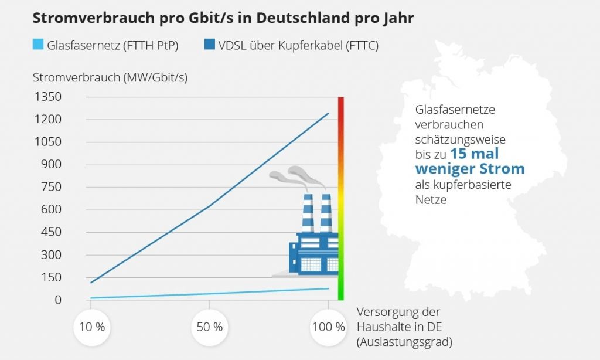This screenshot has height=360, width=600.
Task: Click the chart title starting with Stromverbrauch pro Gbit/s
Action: coord(223,18)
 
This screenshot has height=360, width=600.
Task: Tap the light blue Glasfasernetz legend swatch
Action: coord(38,45)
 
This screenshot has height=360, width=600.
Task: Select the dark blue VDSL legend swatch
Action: coord(209,45)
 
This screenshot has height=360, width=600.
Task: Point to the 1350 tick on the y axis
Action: coord(49,97)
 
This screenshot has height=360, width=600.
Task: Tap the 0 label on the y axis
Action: coord(57,300)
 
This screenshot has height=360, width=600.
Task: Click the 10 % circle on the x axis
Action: coord(91,327)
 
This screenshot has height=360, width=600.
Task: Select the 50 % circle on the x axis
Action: coord(210,327)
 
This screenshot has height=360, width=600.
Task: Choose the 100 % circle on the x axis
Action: coord(328,327)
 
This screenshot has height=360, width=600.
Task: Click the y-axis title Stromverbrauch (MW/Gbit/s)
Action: coord(110,77)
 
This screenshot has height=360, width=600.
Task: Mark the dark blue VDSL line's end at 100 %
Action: coord(328,113)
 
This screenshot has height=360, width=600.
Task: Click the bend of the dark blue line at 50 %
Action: coord(210,206)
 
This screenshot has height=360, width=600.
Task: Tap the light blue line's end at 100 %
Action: coord(328,288)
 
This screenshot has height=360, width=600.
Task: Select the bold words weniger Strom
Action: coord(470,169)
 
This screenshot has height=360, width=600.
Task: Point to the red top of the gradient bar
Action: coord(340,106)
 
